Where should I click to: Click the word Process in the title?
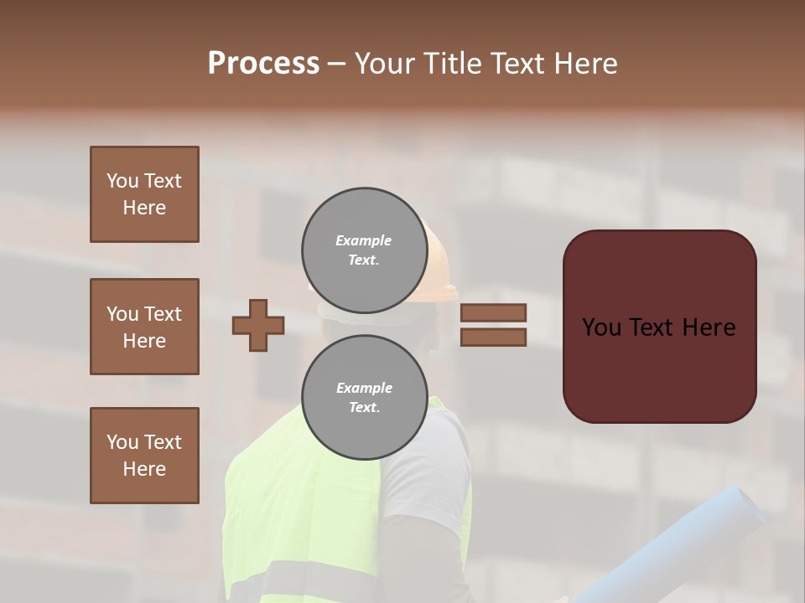point(263,64)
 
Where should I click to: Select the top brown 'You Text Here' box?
point(144,194)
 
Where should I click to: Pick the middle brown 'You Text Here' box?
point(144,327)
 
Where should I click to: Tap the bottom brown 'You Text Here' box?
point(144,456)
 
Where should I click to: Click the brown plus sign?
point(258,325)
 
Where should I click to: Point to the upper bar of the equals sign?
point(493,312)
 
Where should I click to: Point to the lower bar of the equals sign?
point(493,337)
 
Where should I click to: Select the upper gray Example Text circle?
point(364,250)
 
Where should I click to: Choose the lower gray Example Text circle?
point(364,397)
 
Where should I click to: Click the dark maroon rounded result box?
point(659,327)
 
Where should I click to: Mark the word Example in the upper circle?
point(364,240)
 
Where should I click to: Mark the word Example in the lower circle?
point(364,388)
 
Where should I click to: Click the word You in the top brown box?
point(122,181)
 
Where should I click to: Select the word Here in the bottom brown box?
point(144,469)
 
